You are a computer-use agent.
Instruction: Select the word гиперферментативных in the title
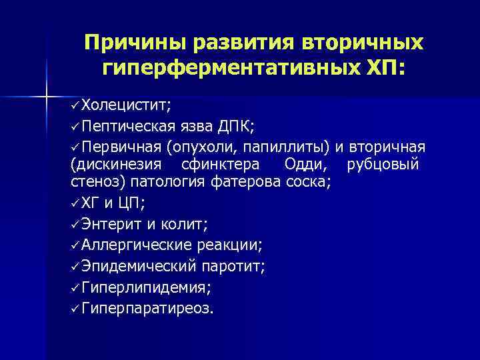231,67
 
